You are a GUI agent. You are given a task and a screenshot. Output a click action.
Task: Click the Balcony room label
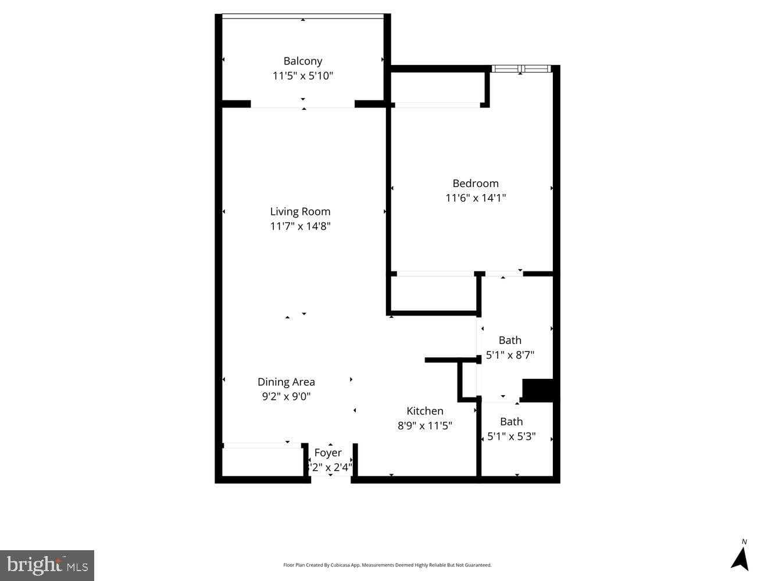302,61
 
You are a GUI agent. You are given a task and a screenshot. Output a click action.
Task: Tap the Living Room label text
300,211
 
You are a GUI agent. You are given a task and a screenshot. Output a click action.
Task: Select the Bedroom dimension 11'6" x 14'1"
476,198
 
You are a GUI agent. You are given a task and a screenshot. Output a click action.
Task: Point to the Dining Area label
286,382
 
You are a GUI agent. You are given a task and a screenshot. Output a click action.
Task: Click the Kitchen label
424,411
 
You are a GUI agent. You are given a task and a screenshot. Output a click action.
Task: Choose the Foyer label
328,453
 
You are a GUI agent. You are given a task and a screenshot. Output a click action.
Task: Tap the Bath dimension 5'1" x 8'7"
510,355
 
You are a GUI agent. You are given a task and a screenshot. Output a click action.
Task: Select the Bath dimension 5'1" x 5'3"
511,436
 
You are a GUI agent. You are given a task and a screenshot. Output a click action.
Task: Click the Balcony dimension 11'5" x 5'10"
302,76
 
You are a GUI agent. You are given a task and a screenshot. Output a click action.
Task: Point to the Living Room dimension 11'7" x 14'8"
300,226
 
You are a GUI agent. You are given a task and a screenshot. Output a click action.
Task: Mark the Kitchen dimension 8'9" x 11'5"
424,425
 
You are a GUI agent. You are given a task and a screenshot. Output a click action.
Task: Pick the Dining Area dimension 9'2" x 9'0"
286,396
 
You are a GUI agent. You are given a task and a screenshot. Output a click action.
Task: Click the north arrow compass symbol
740,558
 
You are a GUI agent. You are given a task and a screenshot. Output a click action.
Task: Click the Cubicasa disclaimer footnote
387,565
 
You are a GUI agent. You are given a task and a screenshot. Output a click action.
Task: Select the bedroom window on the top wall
521,69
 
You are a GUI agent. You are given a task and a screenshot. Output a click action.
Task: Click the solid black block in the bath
539,390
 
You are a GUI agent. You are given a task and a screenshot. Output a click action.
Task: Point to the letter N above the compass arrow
744,542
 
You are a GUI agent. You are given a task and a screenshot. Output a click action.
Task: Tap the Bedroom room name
476,184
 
